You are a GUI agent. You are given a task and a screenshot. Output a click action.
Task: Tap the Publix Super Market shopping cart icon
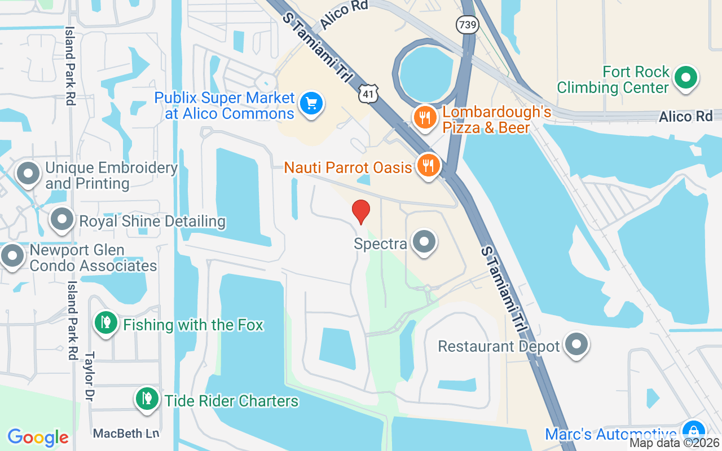pyautogui.click(x=311, y=104)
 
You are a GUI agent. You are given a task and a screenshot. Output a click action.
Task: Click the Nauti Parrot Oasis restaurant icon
pyautogui.click(x=429, y=165)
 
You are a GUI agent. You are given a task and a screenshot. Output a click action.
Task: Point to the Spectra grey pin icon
pyautogui.click(x=424, y=242)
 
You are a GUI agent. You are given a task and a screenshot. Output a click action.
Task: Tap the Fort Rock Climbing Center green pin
pyautogui.click(x=686, y=78)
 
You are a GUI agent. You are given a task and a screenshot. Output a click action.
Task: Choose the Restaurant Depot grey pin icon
pyautogui.click(x=576, y=344)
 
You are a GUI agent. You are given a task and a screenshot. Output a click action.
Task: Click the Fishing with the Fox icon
pyautogui.click(x=105, y=323)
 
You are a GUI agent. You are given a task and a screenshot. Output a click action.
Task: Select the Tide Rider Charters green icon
pyautogui.click(x=147, y=399)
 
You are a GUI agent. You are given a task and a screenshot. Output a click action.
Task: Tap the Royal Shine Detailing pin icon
pyautogui.click(x=62, y=219)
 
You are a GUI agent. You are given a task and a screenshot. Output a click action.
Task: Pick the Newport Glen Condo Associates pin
pyautogui.click(x=12, y=255)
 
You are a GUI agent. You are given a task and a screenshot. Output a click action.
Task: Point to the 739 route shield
pyautogui.click(x=468, y=25)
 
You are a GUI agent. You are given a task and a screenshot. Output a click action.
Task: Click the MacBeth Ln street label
pyautogui.click(x=126, y=433)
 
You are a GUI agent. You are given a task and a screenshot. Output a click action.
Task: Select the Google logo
pyautogui.click(x=38, y=437)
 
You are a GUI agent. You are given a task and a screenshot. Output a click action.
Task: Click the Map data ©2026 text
pyautogui.click(x=675, y=443)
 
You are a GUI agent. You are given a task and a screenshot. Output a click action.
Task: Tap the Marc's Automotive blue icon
pyautogui.click(x=693, y=432)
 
